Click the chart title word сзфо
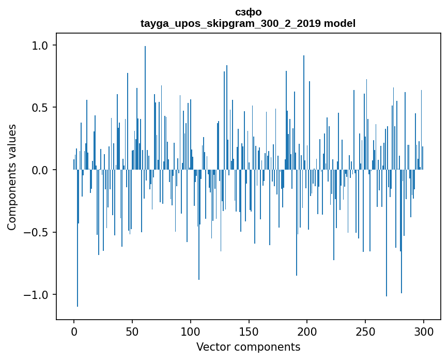(x=248, y=12)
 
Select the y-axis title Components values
(x=12, y=177)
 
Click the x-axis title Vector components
(x=248, y=347)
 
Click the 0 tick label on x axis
(x=74, y=331)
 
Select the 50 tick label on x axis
(x=132, y=331)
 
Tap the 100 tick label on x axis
(x=191, y=331)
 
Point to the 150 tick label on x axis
(x=249, y=331)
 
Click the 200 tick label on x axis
(x=307, y=331)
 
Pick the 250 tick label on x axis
(x=366, y=331)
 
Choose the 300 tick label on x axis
(x=424, y=331)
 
